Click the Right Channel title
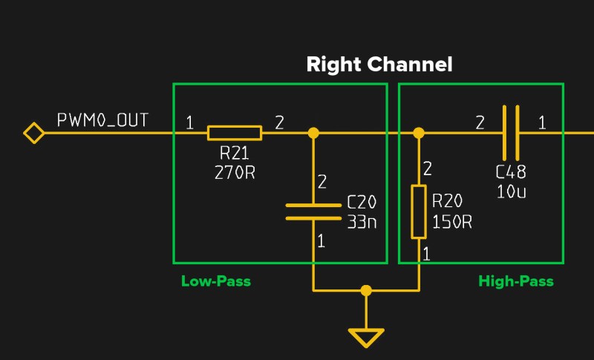click(x=379, y=65)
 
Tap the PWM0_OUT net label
click(x=102, y=120)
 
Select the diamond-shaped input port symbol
click(x=33, y=133)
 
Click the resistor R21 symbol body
click(x=234, y=133)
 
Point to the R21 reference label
click(x=235, y=154)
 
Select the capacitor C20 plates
click(x=313, y=212)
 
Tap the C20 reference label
click(x=362, y=203)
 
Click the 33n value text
click(x=362, y=220)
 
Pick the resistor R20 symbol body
click(x=419, y=212)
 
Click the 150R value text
click(x=452, y=222)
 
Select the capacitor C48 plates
click(x=511, y=133)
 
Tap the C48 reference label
click(x=511, y=172)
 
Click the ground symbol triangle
click(x=365, y=338)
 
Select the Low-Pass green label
click(x=215, y=281)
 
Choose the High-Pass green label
click(x=515, y=281)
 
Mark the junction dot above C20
click(x=313, y=133)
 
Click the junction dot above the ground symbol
click(x=365, y=290)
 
